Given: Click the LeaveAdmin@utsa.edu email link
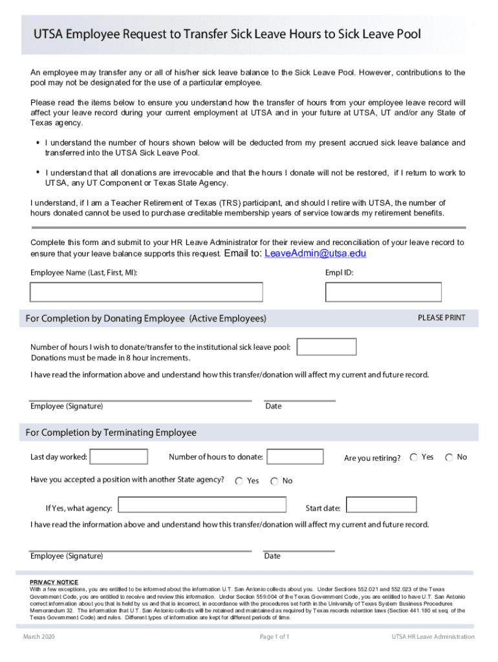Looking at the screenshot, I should [x=315, y=253].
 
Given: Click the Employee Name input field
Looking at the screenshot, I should [x=146, y=292].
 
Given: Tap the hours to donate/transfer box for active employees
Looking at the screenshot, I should [x=326, y=347].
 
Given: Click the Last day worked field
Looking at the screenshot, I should [x=119, y=457].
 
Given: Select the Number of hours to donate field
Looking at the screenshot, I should [x=295, y=457].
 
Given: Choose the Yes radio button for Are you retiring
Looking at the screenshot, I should [x=414, y=458].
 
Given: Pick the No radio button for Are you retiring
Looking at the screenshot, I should [x=449, y=458].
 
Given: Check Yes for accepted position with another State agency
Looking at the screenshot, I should [x=239, y=481].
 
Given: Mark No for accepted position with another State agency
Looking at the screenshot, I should [x=274, y=481].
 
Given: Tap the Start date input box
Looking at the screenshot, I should [x=381, y=505].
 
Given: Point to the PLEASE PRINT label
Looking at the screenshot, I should [x=441, y=318].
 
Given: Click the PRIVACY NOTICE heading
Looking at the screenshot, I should [x=54, y=582].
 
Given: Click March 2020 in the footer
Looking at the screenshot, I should [x=39, y=637].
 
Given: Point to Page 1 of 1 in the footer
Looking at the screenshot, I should [x=274, y=637].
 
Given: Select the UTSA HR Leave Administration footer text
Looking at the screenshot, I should [x=432, y=637].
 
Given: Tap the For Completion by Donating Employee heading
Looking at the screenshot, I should [x=146, y=319].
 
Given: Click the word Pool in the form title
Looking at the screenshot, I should [x=406, y=34].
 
